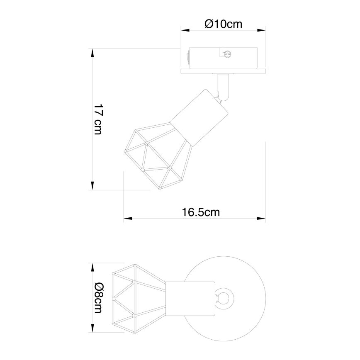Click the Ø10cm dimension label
(223, 24)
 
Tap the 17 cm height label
(98, 119)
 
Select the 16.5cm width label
(201, 212)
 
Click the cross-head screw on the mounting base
(227, 54)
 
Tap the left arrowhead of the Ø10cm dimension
(185, 30)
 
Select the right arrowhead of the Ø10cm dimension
(262, 30)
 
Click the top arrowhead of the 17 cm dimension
(92, 53)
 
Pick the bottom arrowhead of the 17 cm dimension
(92, 186)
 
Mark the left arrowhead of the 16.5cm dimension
(128, 218)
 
